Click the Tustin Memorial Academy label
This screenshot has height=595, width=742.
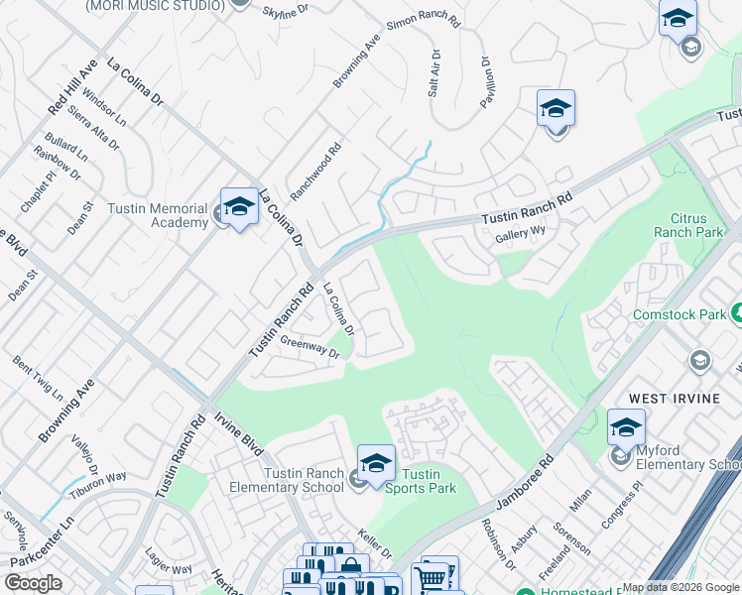[x=167, y=216]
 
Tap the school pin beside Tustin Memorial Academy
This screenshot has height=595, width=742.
[x=238, y=208]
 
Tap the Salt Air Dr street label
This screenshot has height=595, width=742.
[x=433, y=72]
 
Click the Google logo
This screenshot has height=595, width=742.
[x=33, y=583]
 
